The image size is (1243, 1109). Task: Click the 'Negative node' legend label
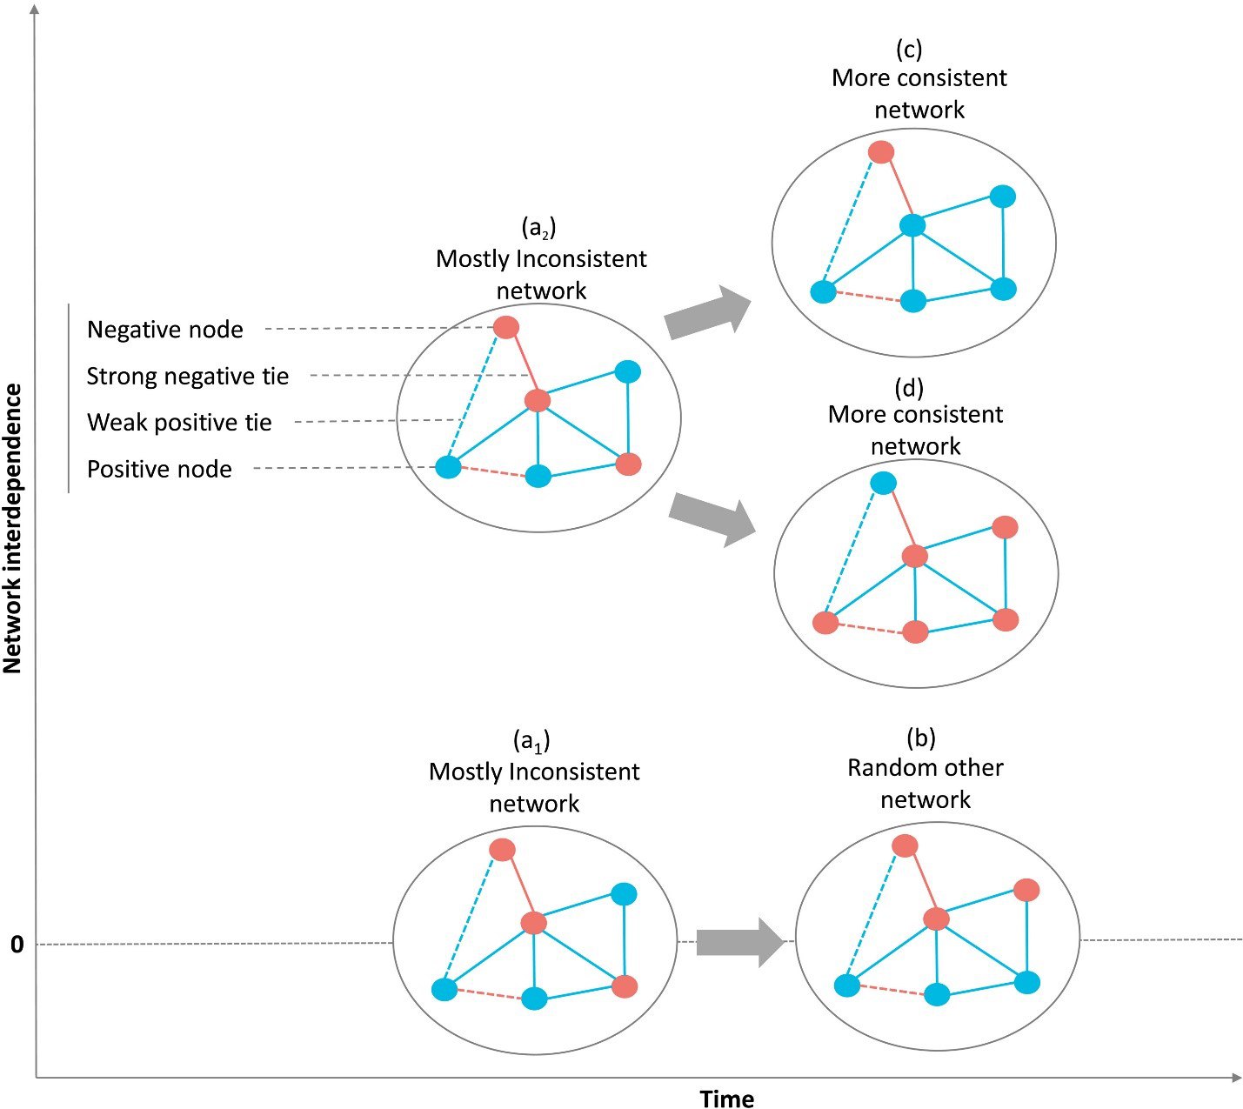tap(165, 330)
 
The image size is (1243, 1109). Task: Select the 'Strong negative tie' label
tap(188, 377)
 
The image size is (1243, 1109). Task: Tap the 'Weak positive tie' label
tap(179, 422)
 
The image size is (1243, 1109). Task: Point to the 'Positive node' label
tap(159, 469)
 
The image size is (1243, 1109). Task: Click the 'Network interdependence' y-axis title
tap(13, 529)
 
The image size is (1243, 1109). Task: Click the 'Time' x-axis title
tap(727, 1099)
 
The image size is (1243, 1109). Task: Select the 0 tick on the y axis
tap(17, 944)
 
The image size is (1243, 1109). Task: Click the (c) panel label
tap(909, 50)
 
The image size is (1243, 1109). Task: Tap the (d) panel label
tap(909, 388)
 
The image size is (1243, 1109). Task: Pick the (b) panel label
tap(921, 738)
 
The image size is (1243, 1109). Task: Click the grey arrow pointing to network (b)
tap(740, 942)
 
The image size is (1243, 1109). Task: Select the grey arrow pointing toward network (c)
tap(708, 312)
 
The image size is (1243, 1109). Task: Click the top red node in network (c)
tap(881, 151)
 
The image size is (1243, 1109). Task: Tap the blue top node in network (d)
tap(884, 483)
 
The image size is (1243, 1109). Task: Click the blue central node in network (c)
tap(912, 225)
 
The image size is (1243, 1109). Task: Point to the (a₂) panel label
tap(538, 228)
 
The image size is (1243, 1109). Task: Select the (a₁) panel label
tap(531, 741)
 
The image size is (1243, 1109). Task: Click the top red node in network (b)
tap(905, 845)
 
